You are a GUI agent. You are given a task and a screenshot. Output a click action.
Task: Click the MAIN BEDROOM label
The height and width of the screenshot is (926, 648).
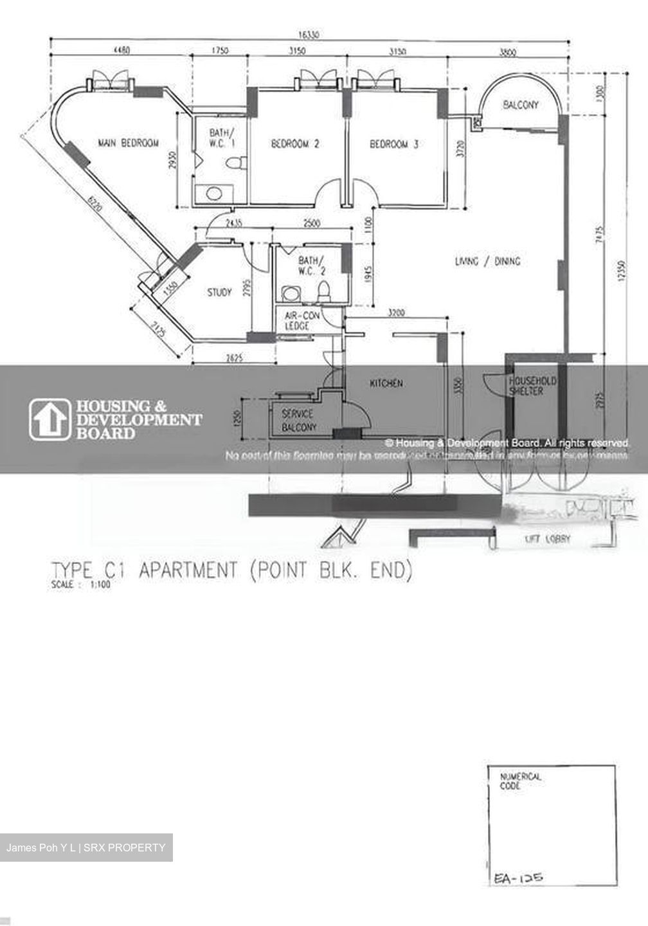click(x=128, y=143)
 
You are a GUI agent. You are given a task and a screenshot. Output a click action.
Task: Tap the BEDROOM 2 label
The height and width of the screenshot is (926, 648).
click(x=295, y=144)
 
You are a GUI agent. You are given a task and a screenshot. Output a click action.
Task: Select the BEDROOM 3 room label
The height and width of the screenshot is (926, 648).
click(x=393, y=144)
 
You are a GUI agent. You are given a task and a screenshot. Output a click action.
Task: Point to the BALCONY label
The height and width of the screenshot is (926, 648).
click(x=521, y=105)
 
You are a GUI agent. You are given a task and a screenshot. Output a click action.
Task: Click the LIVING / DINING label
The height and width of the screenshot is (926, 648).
click(x=487, y=261)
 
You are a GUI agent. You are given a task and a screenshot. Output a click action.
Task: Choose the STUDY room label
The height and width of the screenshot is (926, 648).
click(x=219, y=293)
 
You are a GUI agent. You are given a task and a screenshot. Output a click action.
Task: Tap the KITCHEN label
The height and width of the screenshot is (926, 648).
click(x=386, y=383)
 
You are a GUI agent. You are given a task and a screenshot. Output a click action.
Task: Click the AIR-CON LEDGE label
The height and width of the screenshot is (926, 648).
click(x=298, y=321)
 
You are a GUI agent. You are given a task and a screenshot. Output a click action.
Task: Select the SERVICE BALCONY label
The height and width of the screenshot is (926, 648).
click(x=299, y=421)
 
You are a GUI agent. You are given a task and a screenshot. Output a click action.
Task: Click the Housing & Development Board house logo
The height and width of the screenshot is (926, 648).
click(x=50, y=420)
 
